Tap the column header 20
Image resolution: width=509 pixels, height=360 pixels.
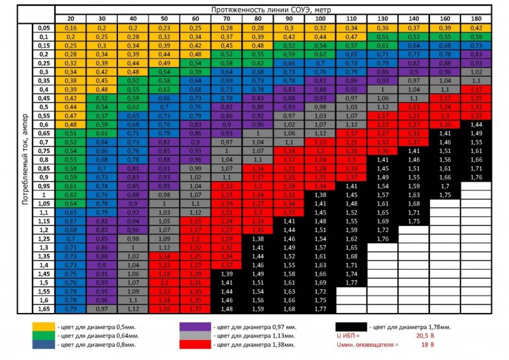(71, 19)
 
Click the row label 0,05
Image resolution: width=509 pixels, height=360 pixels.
(44, 28)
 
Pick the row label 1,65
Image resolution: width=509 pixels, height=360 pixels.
(44, 308)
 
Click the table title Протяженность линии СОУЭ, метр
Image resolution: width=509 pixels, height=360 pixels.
(273, 11)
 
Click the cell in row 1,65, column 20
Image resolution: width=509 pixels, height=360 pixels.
(71, 308)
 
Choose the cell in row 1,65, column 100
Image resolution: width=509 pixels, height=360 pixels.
(321, 308)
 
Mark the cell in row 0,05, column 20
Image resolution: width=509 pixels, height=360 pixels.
(71, 28)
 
